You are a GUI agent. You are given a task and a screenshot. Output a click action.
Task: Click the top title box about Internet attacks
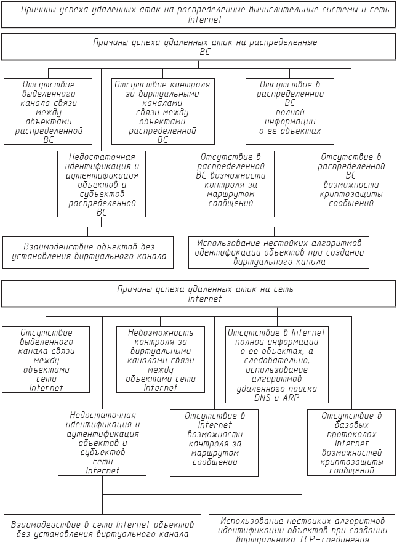pos(198,15)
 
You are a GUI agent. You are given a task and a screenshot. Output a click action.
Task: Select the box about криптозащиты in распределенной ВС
pos(351,184)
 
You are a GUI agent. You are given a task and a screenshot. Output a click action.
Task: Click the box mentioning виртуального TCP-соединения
pos(303,530)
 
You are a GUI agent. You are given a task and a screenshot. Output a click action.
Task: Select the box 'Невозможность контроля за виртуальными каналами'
pos(161,360)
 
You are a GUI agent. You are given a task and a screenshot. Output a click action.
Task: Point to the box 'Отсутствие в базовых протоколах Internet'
pos(351,443)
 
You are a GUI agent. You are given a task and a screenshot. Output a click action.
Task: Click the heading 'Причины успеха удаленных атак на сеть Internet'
pos(198,294)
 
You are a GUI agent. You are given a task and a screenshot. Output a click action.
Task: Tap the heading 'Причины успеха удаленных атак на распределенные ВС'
pos(198,47)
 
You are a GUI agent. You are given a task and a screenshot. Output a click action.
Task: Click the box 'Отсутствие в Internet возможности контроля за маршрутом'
pos(214,443)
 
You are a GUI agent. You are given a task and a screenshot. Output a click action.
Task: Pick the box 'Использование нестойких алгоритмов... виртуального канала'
pos(279,252)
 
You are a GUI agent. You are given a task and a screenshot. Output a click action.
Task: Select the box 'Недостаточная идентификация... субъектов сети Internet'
pos(102,443)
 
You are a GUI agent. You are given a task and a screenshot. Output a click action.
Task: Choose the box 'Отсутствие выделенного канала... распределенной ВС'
pos(48,111)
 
